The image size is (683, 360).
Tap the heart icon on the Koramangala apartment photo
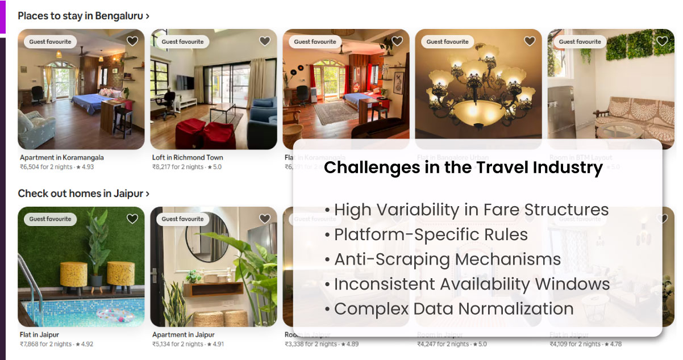132,41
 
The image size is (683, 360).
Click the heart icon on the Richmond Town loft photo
265,41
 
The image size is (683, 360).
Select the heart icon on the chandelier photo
530,41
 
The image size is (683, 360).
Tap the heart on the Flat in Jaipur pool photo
132,219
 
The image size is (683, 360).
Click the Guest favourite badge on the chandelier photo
447,41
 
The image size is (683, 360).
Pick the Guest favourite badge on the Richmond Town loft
182,41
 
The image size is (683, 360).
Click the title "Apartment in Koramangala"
62,158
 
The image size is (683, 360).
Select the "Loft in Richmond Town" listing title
188,158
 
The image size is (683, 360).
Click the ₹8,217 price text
178,167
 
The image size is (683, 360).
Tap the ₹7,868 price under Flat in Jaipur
46,344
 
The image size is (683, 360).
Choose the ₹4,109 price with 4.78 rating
575,344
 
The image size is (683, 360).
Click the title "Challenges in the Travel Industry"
463,168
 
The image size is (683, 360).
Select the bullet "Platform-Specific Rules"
431,235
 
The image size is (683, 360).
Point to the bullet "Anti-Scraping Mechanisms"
447,259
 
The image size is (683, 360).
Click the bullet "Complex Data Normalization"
453,309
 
